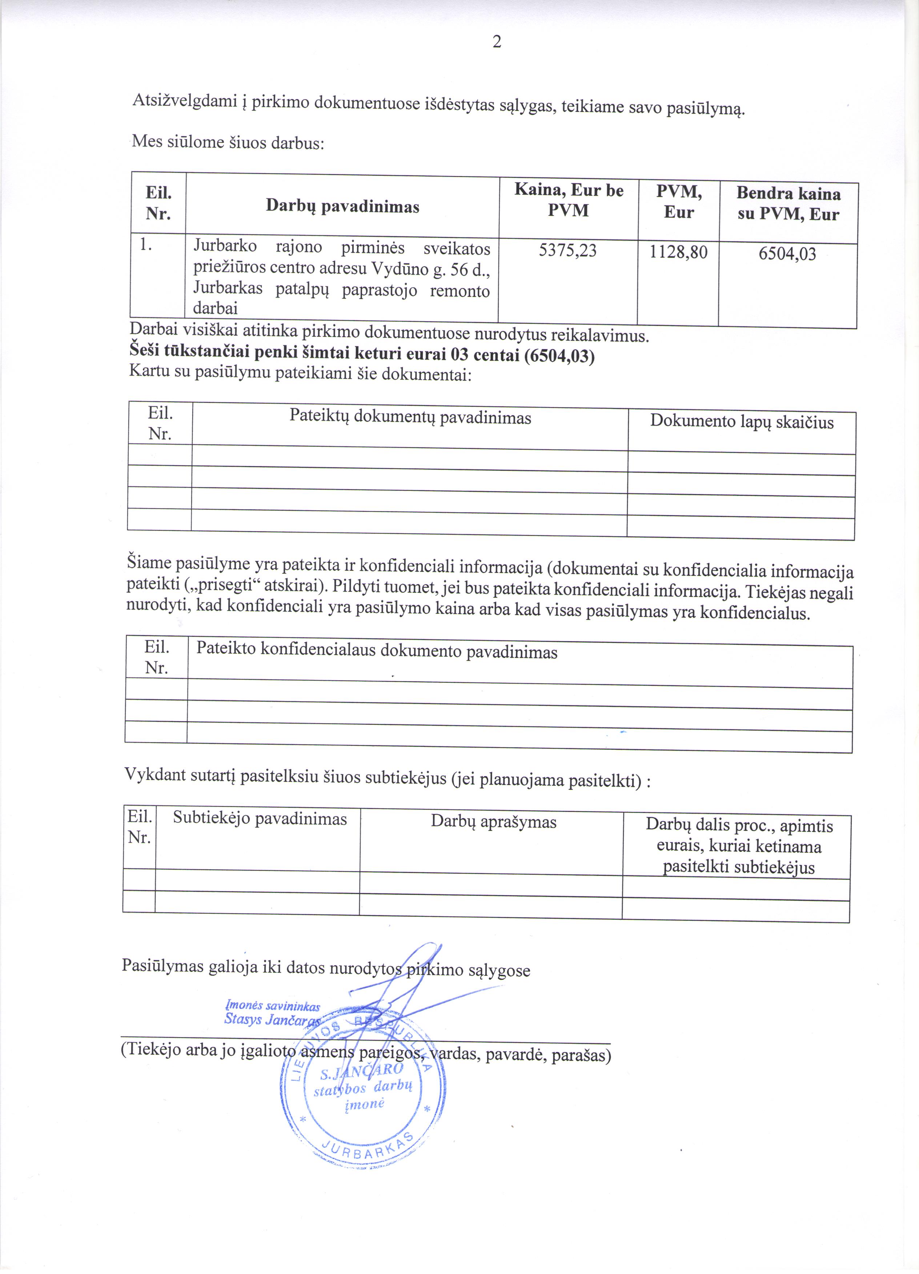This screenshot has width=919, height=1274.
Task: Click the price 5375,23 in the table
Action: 568,251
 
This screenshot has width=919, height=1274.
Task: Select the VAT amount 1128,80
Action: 678,252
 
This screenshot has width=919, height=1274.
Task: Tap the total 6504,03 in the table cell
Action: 787,254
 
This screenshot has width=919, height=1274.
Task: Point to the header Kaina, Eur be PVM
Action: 569,200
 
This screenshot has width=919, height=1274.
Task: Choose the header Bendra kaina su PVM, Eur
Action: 788,204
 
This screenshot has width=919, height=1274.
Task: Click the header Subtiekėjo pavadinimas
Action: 260,818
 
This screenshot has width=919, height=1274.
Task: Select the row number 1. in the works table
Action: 146,244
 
